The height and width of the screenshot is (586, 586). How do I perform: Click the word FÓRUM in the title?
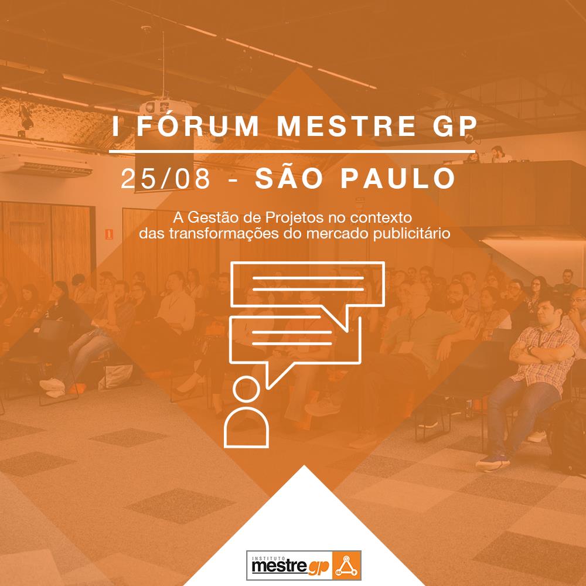point(197,125)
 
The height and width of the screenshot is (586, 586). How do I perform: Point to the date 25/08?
point(166,178)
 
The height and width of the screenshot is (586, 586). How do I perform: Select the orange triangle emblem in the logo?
point(346,565)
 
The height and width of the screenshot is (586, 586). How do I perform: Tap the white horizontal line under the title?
point(292,151)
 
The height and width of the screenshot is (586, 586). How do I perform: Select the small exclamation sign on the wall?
point(109,234)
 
